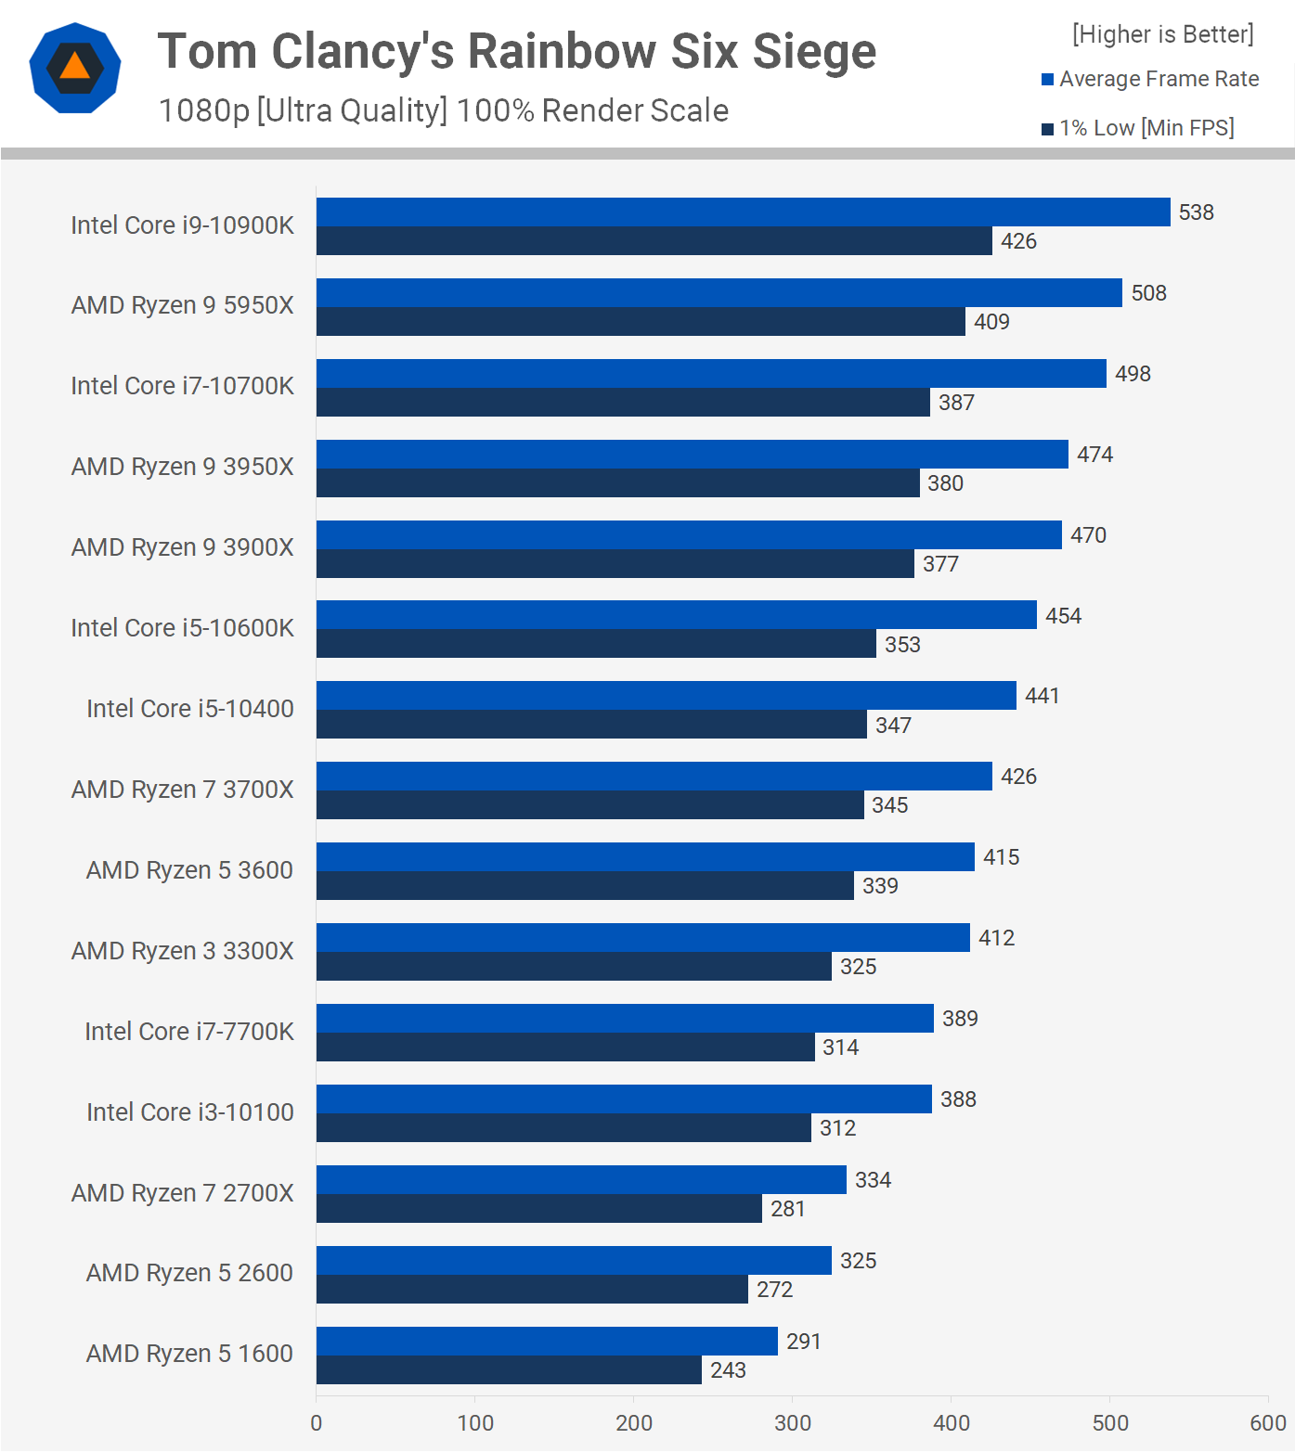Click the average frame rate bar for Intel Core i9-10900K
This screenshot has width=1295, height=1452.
(743, 212)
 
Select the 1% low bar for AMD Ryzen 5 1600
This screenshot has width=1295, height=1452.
(509, 1370)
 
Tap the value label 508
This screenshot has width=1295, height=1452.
(1148, 293)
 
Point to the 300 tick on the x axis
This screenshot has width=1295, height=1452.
(793, 1422)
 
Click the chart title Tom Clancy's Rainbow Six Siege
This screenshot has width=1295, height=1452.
(517, 51)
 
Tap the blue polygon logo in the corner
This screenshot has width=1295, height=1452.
(75, 68)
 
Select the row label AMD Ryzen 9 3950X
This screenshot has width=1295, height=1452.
(183, 467)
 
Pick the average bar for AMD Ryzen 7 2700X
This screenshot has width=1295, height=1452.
(581, 1180)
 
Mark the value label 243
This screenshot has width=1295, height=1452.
(728, 1370)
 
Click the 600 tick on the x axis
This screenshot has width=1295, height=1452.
(1268, 1422)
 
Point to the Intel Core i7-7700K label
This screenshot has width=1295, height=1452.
(189, 1032)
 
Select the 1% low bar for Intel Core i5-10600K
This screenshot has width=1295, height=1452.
(596, 644)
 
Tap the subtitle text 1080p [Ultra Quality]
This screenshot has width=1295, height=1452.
(303, 110)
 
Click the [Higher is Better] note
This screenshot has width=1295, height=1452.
(1162, 34)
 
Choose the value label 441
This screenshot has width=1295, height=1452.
(1042, 696)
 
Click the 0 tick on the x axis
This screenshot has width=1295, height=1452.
(317, 1422)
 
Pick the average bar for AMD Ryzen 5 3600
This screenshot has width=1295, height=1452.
(645, 857)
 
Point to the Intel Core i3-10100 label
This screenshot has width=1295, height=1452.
(190, 1112)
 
